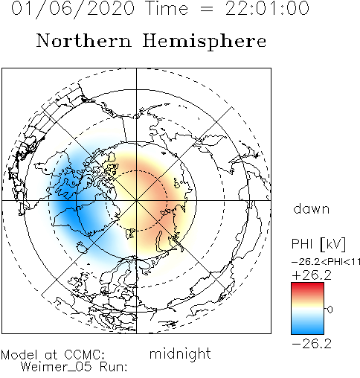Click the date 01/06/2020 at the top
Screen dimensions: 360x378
73,9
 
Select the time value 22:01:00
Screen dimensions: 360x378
267,8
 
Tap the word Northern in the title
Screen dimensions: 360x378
84,40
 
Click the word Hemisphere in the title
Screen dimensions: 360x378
205,42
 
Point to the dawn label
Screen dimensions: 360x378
312,209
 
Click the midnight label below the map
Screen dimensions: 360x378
180,353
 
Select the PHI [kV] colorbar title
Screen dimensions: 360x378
318,244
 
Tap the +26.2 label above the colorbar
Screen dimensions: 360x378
312,275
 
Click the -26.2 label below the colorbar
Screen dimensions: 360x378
312,344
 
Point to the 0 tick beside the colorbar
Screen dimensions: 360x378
330,310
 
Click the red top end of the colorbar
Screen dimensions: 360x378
307,284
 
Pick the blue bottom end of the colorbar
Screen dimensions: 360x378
307,332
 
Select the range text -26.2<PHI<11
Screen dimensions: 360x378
326,262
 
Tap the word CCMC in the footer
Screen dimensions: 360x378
85,355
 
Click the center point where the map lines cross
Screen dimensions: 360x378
136,200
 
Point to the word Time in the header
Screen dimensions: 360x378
167,8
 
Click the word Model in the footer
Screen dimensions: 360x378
19,355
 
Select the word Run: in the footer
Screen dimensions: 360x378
114,367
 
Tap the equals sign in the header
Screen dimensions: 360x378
207,10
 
